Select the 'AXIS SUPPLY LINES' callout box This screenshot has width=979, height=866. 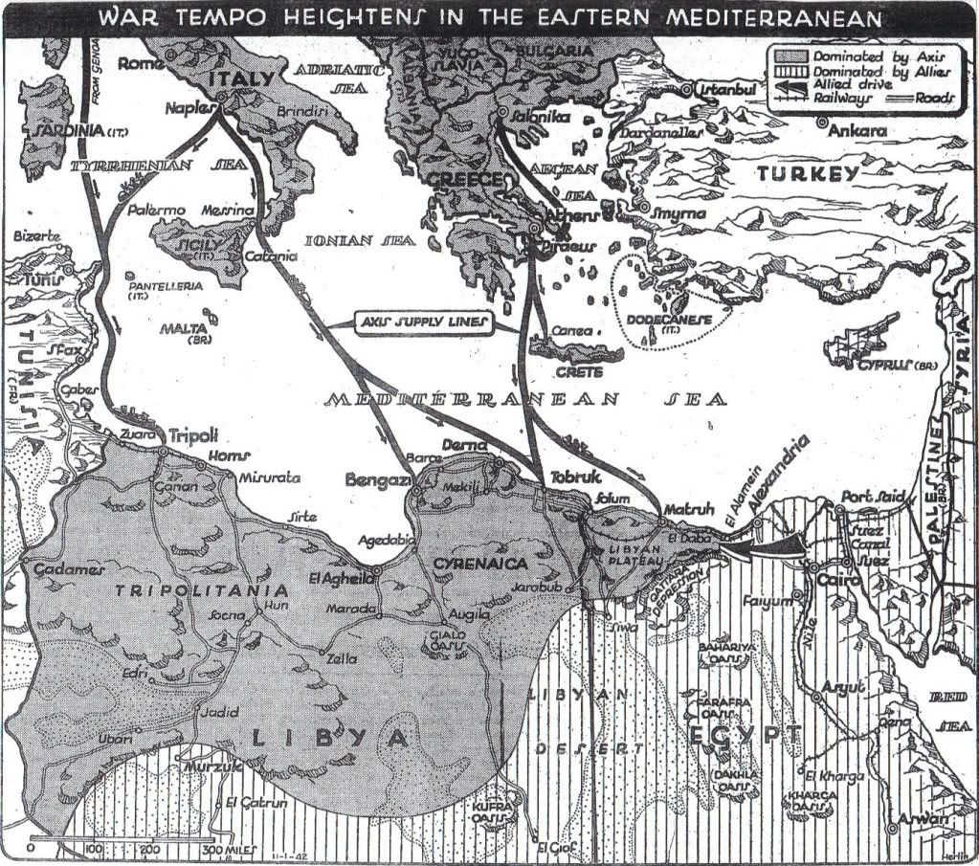[422, 323]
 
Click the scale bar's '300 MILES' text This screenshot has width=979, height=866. [225, 849]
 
